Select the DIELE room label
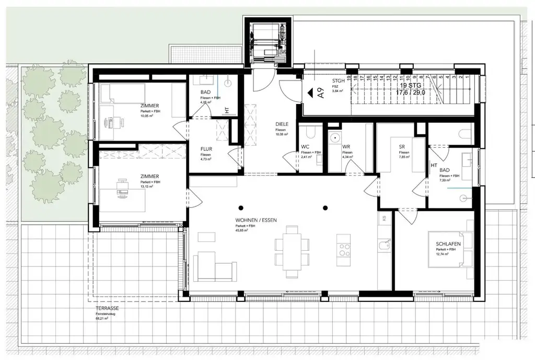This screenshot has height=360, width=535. (283, 125)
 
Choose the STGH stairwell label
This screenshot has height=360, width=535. (339, 81)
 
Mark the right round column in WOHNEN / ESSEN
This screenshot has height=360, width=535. (325, 207)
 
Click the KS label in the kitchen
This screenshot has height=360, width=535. (384, 218)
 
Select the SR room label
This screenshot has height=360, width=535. (402, 147)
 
